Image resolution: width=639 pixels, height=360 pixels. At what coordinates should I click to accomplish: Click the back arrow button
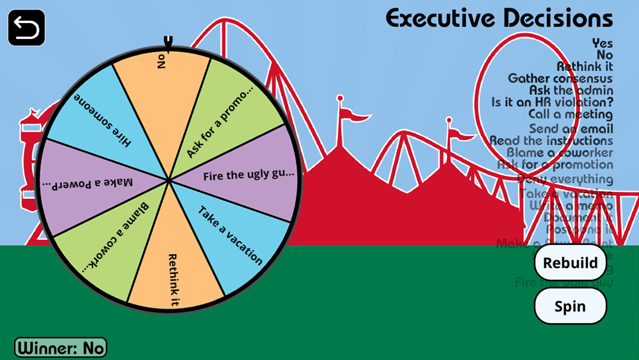click(26, 28)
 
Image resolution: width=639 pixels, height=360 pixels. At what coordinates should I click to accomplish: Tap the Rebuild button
click(570, 262)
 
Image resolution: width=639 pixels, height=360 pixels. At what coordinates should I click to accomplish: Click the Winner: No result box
click(61, 348)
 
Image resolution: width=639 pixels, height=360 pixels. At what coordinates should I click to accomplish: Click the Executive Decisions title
click(499, 19)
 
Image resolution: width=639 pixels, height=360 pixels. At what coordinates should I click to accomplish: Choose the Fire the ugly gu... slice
click(246, 175)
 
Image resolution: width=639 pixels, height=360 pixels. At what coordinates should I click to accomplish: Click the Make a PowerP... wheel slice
click(89, 183)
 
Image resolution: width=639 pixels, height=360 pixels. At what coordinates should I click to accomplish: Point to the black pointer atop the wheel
click(168, 43)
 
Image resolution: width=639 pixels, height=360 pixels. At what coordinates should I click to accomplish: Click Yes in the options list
click(602, 43)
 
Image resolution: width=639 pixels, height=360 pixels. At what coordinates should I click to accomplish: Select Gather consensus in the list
click(560, 79)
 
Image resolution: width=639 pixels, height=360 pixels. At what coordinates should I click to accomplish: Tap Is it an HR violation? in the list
click(551, 102)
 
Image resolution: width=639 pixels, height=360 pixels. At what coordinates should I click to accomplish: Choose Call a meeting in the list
click(570, 114)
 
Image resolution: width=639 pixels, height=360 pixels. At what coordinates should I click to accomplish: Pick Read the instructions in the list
click(551, 141)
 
